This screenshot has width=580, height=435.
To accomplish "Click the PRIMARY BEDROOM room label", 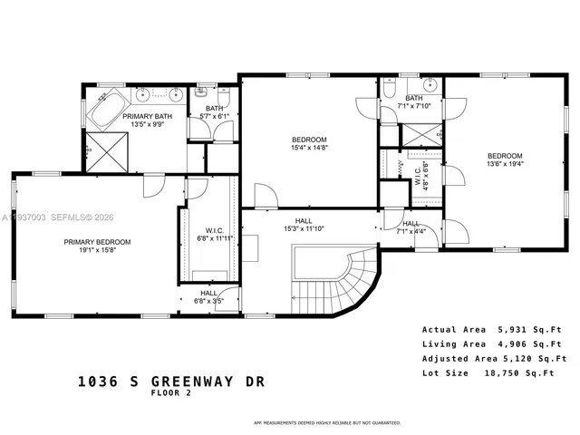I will (x=97, y=242).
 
